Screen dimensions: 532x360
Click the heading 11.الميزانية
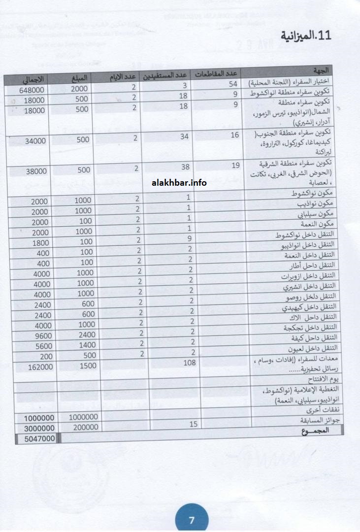306,36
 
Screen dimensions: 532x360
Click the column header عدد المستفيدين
164,76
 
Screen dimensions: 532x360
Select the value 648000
33,91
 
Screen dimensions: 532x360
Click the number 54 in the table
233,85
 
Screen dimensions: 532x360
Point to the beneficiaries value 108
190,363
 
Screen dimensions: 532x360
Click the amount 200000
78,428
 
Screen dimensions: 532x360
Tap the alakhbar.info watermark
179,183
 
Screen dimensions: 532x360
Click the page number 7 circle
192,520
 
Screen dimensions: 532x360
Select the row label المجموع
316,431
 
